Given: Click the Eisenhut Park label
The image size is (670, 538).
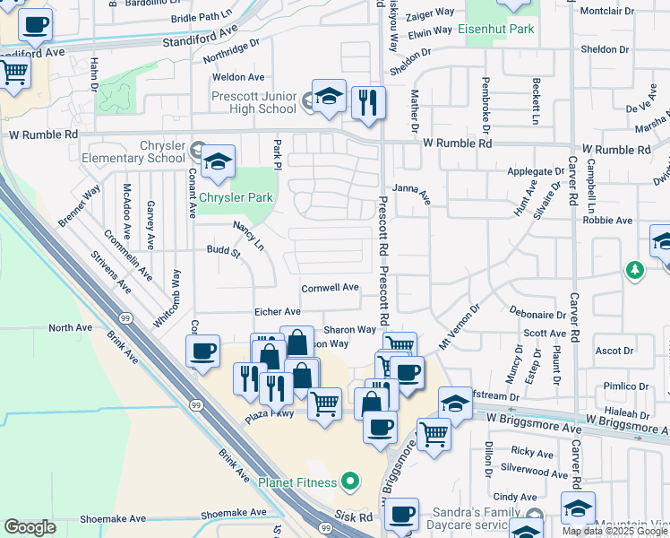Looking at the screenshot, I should pos(495,30).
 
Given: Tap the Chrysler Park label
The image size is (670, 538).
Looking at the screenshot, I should pos(236,196).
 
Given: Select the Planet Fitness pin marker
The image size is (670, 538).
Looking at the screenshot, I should pos(350,482).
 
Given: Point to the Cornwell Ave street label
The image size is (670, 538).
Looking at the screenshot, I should pos(330,288).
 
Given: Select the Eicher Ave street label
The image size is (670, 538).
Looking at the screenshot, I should pos(279,311).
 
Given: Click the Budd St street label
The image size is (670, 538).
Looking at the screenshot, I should pos(224,252).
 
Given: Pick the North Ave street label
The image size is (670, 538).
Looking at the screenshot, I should pos(71,328).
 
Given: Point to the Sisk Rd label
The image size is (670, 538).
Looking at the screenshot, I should pos(354,517).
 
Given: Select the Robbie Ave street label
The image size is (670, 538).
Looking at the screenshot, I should pos(607,220).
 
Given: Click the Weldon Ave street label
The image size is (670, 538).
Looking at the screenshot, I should pos(239,78).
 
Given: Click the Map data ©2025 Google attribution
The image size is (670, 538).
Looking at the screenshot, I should pos(614,531).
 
